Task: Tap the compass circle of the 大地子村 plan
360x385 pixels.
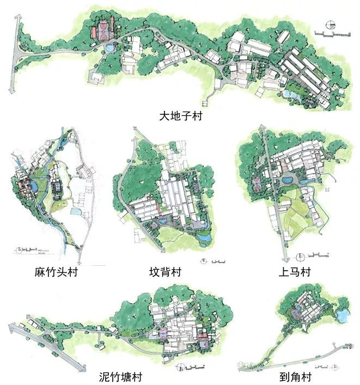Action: click(328, 24)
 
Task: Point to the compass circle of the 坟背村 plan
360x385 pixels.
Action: click(204, 260)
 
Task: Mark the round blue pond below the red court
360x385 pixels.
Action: click(111, 48)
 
